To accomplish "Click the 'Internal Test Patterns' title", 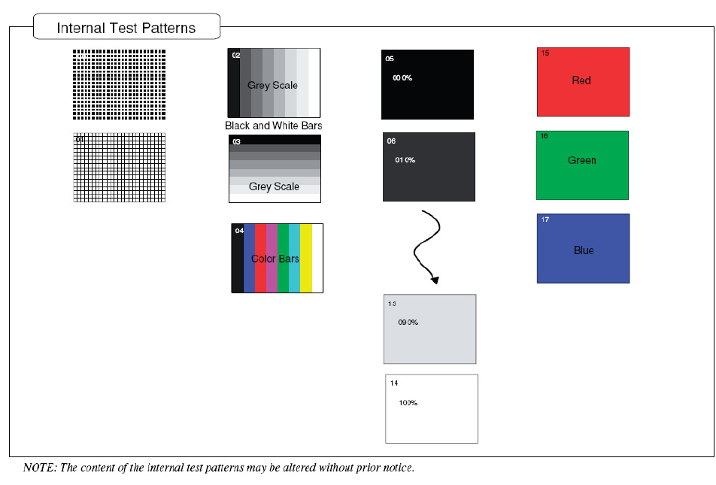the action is pos(126,29).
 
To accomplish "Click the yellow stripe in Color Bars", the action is pos(306,258).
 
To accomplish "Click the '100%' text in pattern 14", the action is pos(408,403).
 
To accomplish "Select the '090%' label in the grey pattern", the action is pos(408,323).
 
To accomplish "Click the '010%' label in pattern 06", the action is pos(405,160).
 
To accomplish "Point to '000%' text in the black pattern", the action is pos(402,78).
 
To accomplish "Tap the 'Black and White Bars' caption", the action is pos(273,126).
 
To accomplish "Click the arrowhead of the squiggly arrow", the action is pos(435,279).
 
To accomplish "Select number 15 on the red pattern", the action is pos(545,53).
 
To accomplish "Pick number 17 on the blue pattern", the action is pos(545,220).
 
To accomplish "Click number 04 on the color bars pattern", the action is pos(239,230).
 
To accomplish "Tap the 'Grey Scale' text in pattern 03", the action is pos(274,186).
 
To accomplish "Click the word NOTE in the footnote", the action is pos(38,468).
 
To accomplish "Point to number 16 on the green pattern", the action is pos(544,136).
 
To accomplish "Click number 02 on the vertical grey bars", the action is pos(236,56).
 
